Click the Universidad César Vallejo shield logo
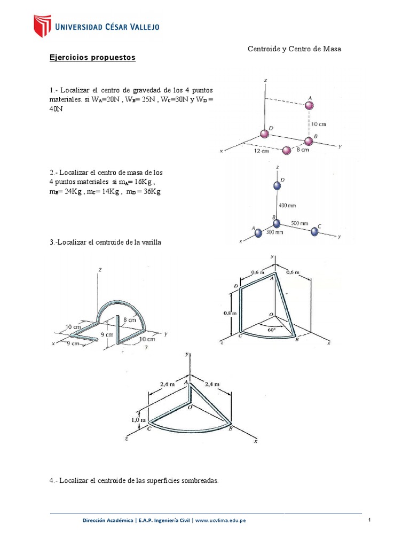tap(43, 26)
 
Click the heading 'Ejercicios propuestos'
tap(92, 57)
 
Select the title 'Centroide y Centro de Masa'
tap(294, 49)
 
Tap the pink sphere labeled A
tap(309, 106)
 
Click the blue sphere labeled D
tap(276, 185)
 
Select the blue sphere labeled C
tap(313, 231)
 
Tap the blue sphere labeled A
tap(258, 232)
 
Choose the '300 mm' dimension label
tap(275, 232)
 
